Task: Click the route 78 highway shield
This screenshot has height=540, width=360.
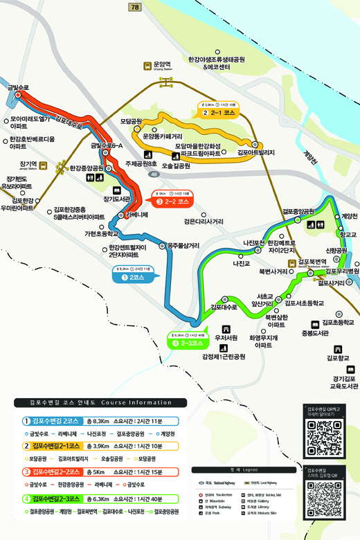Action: (134, 7)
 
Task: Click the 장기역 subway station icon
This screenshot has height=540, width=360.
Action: (43, 166)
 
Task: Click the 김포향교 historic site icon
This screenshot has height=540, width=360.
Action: (338, 349)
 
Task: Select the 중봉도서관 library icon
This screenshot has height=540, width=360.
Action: (314, 323)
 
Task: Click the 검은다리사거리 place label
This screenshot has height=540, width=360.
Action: (204, 222)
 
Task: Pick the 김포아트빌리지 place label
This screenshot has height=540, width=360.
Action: (256, 152)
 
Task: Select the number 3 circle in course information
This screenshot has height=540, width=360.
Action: (26, 471)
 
